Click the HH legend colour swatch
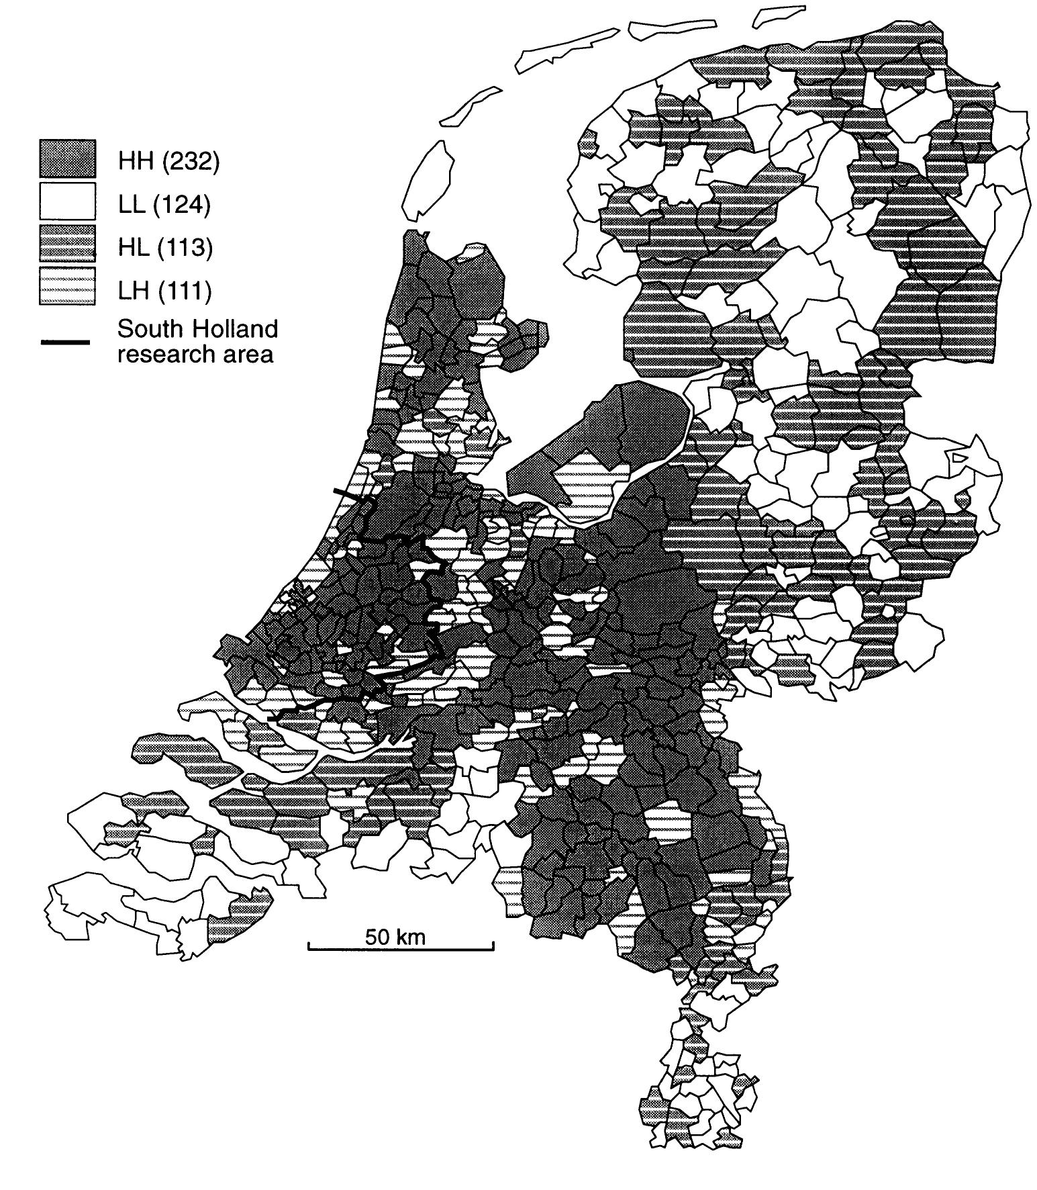[67, 158]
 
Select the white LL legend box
[67, 201]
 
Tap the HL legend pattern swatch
[67, 244]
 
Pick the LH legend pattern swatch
[67, 287]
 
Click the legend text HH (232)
[168, 162]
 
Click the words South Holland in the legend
[197, 329]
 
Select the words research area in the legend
[195, 354]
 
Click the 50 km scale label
[395, 936]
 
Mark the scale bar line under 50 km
[401, 949]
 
